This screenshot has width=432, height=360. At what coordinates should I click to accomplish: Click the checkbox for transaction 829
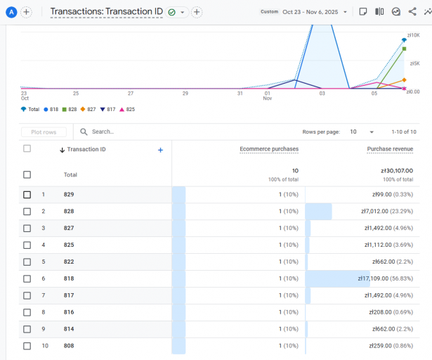click(27, 195)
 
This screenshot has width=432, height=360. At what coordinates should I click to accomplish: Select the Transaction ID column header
click(86, 150)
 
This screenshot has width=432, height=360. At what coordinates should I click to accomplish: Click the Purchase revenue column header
click(390, 149)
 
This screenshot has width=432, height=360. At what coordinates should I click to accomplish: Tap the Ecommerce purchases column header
click(269, 149)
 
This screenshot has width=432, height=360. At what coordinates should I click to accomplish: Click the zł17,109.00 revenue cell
click(385, 278)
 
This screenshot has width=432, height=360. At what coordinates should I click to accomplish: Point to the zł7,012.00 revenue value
click(385, 211)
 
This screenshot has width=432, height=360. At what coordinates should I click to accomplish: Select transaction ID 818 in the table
click(69, 278)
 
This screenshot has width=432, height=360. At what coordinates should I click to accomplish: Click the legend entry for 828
click(70, 110)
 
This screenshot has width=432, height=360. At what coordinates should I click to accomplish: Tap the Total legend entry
click(30, 110)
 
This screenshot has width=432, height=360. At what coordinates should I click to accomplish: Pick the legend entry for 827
click(89, 110)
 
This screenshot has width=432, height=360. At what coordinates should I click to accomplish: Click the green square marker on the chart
click(405, 49)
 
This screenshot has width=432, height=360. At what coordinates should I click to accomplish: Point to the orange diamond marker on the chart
click(404, 80)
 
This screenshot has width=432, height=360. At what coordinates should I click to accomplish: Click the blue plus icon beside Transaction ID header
click(160, 150)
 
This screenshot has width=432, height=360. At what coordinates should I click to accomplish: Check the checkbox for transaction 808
click(27, 346)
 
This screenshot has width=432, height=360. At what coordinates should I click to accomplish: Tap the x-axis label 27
click(131, 94)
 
